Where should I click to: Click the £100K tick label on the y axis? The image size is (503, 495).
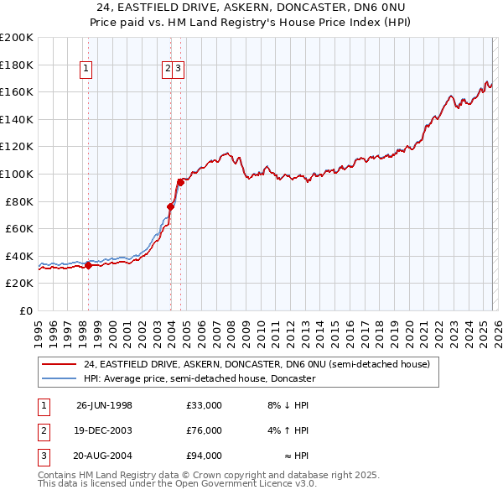click(x=17, y=174)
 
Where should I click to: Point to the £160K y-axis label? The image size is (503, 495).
click(x=17, y=91)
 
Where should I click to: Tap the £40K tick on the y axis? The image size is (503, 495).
click(x=19, y=256)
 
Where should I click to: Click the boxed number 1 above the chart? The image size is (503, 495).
click(x=87, y=70)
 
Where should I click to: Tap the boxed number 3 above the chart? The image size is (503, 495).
click(x=179, y=70)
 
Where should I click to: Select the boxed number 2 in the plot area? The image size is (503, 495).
click(x=168, y=70)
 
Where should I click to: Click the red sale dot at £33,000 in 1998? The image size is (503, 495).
click(x=89, y=265)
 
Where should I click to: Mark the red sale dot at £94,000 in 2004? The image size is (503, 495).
click(x=180, y=181)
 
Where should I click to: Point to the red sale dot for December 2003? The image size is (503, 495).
click(x=170, y=206)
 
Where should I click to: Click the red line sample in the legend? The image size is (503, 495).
click(x=60, y=365)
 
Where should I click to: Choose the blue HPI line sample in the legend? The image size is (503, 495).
click(x=60, y=378)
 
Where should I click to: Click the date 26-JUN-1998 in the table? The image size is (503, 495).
click(x=104, y=405)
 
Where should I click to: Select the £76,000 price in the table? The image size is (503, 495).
click(x=205, y=430)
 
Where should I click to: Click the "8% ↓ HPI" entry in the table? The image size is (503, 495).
click(x=288, y=405)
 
